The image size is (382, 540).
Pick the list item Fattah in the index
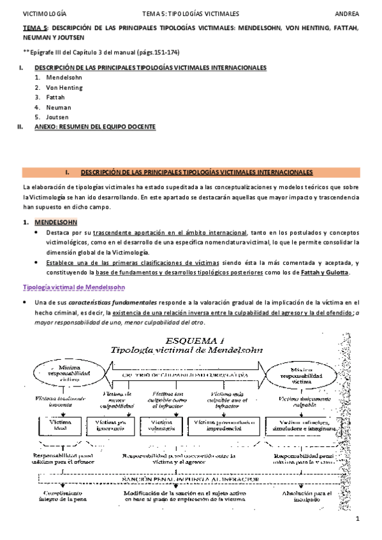point(56,97)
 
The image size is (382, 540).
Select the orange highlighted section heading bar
point(191,173)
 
